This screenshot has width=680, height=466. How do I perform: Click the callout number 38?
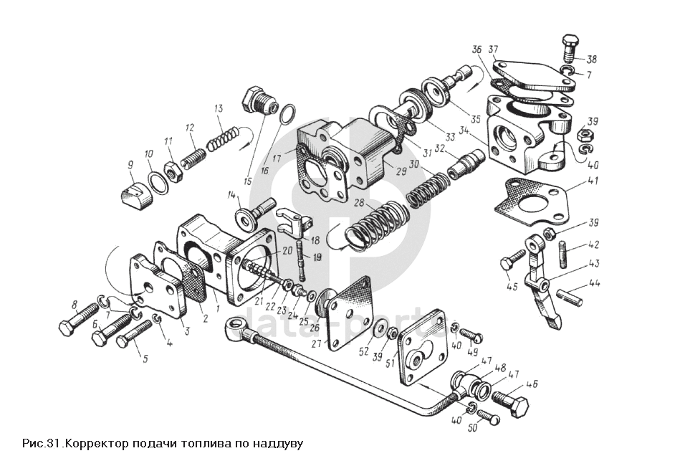coord(592,60)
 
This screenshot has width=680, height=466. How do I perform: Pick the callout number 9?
coord(130,166)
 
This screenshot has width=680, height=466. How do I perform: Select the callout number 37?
coord(494,49)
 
